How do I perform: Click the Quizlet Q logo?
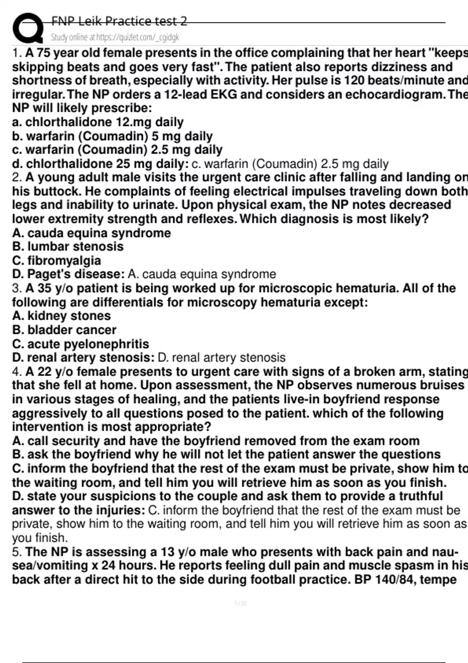point(27,28)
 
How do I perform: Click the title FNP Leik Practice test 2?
point(119,21)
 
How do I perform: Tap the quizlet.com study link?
point(115,37)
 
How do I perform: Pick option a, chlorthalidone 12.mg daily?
point(97,122)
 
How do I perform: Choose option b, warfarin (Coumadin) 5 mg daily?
point(112,136)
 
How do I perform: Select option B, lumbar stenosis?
point(68,246)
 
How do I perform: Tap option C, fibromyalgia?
point(57,261)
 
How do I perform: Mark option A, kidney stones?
point(62,316)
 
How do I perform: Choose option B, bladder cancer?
point(64,330)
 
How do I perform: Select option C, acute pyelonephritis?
point(81,344)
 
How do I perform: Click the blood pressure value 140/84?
point(397,580)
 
